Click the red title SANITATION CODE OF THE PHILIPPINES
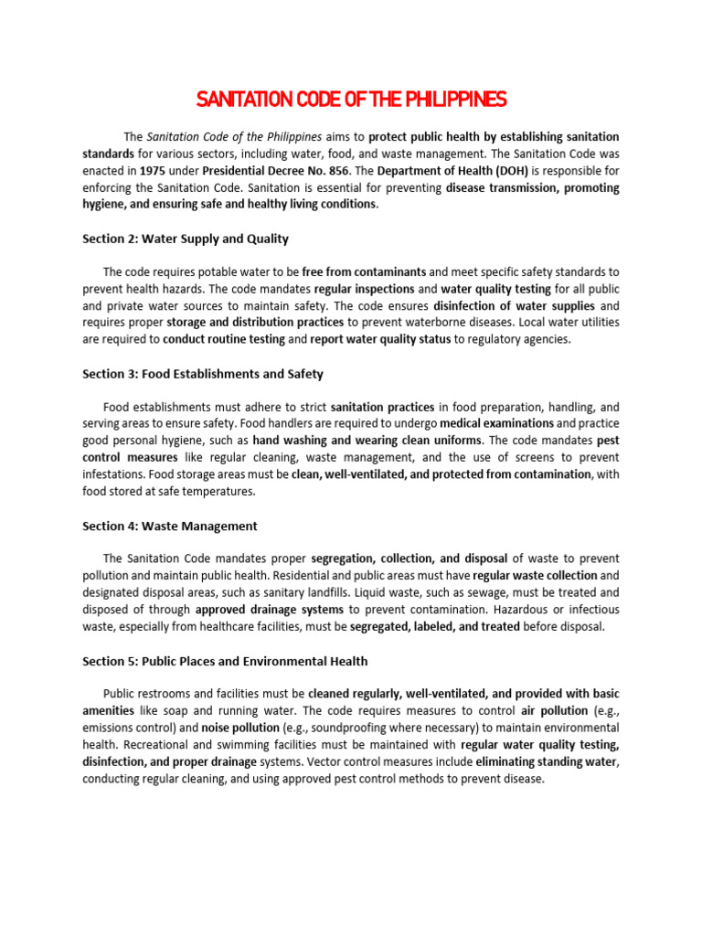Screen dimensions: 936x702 (x=351, y=99)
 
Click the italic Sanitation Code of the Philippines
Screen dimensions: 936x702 (x=234, y=136)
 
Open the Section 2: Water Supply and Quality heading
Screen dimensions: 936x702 (x=186, y=239)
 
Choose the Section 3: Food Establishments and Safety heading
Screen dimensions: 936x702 (x=203, y=374)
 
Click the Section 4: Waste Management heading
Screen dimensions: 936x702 (x=170, y=526)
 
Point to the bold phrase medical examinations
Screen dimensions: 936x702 (x=496, y=423)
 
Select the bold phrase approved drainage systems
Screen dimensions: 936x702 (x=270, y=610)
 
